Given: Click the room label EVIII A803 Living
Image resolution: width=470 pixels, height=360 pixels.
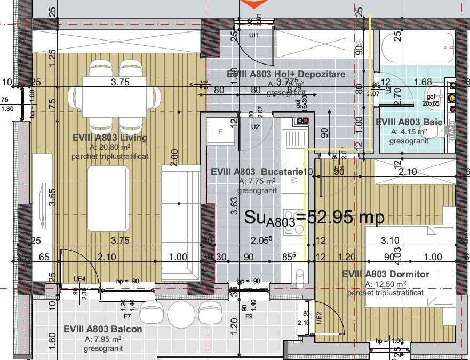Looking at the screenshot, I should coord(110,138).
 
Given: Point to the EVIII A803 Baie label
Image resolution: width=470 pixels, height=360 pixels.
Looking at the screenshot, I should coord(409,122).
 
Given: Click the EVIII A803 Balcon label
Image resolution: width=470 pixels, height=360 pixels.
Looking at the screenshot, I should coord(103,329).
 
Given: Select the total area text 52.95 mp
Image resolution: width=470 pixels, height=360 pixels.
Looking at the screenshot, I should coord(315,217).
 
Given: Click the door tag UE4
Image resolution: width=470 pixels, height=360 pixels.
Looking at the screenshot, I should coord(80,278).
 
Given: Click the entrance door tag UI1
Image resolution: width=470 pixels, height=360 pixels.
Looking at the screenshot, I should coord(254,35).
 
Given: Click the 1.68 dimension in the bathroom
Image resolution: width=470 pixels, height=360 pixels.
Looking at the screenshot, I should coord(423,82).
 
